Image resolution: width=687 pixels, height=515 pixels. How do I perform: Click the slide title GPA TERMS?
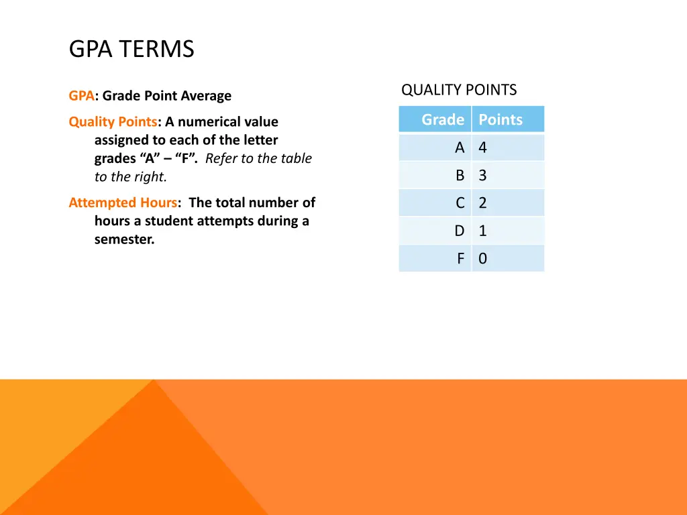[131, 49]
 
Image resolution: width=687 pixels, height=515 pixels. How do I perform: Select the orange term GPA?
[81, 96]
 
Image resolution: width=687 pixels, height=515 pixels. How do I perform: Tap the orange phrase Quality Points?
[113, 122]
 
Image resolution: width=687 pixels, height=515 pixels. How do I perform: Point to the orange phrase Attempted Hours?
[123, 203]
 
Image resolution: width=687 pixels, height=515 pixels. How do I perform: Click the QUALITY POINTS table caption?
[459, 90]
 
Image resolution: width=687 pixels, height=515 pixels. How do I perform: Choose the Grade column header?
[442, 119]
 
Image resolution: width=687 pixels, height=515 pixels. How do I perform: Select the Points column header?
[500, 119]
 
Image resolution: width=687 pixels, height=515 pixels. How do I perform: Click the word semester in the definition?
[124, 239]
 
